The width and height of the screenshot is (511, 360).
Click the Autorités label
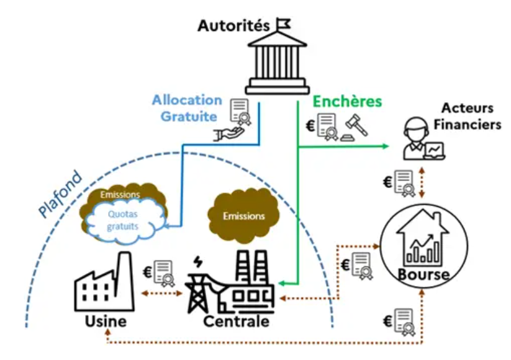(x=233, y=26)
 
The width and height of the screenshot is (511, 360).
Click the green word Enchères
(x=346, y=101)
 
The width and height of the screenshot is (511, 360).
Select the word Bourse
(x=424, y=274)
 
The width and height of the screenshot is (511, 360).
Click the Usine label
(x=105, y=321)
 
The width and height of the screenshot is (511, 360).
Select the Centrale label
(x=236, y=321)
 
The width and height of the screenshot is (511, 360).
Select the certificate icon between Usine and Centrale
(x=163, y=272)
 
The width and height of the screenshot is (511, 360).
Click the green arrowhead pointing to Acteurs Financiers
(x=386, y=147)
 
